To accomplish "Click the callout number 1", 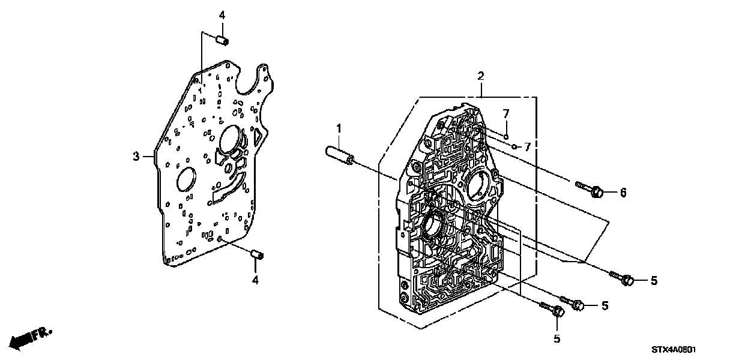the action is [339, 129].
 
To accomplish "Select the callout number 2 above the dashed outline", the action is [480, 76].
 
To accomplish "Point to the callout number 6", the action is [623, 192].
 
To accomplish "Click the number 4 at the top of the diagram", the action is [222, 15].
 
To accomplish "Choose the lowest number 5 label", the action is [557, 339].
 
